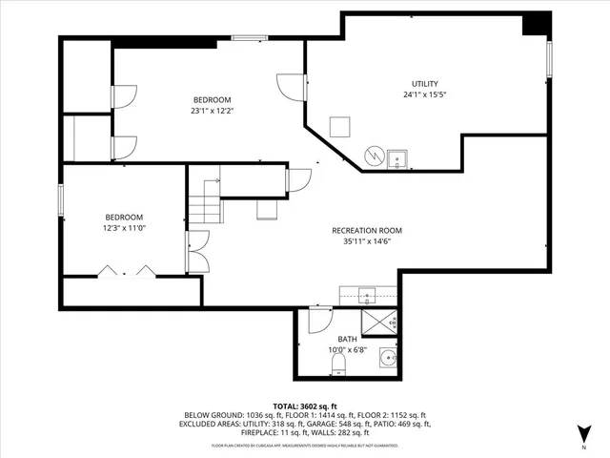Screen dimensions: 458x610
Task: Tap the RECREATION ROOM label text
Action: coord(366,230)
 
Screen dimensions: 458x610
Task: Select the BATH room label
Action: coord(348,339)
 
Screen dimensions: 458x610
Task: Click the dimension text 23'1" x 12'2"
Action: coord(213,111)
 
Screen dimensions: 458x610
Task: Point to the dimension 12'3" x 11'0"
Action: coord(124,227)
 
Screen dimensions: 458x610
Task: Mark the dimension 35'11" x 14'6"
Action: coord(366,241)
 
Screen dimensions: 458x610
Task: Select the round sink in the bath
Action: coord(387,358)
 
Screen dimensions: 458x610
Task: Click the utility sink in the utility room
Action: coord(398,156)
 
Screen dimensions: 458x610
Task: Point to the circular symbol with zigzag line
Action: coord(376,155)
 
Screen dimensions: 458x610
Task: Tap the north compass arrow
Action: coord(582,430)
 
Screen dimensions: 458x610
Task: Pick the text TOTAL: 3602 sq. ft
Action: coord(304,406)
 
